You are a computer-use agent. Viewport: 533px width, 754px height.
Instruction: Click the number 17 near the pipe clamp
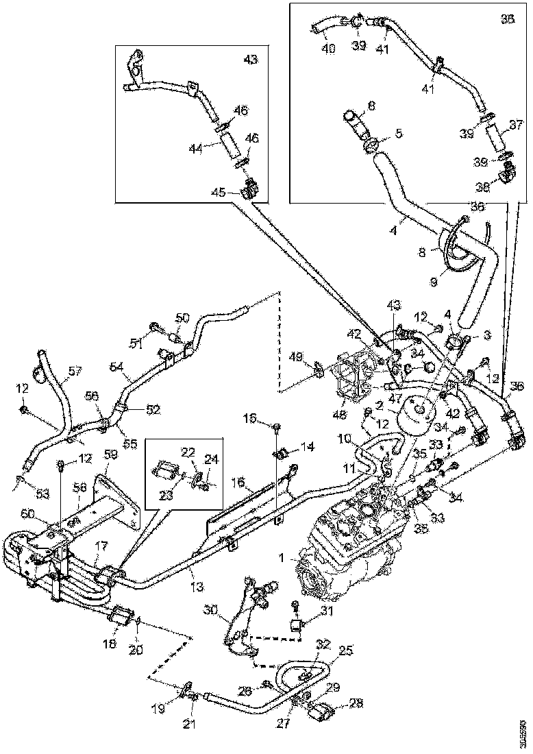(101, 546)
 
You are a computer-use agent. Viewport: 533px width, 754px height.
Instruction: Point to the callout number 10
(345, 437)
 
